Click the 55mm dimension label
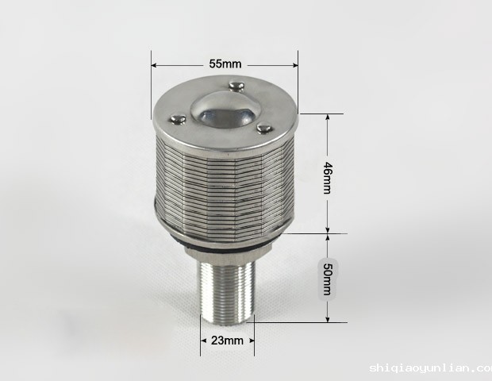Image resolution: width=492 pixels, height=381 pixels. click(225, 64)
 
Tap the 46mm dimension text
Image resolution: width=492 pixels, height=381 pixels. click(327, 178)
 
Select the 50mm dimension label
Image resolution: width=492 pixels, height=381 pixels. click(327, 279)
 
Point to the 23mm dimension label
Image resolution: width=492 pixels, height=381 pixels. click(227, 341)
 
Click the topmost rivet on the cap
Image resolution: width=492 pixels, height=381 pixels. click(236, 86)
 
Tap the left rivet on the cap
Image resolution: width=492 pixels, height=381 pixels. click(178, 119)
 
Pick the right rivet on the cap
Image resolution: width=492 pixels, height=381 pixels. click(264, 129)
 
